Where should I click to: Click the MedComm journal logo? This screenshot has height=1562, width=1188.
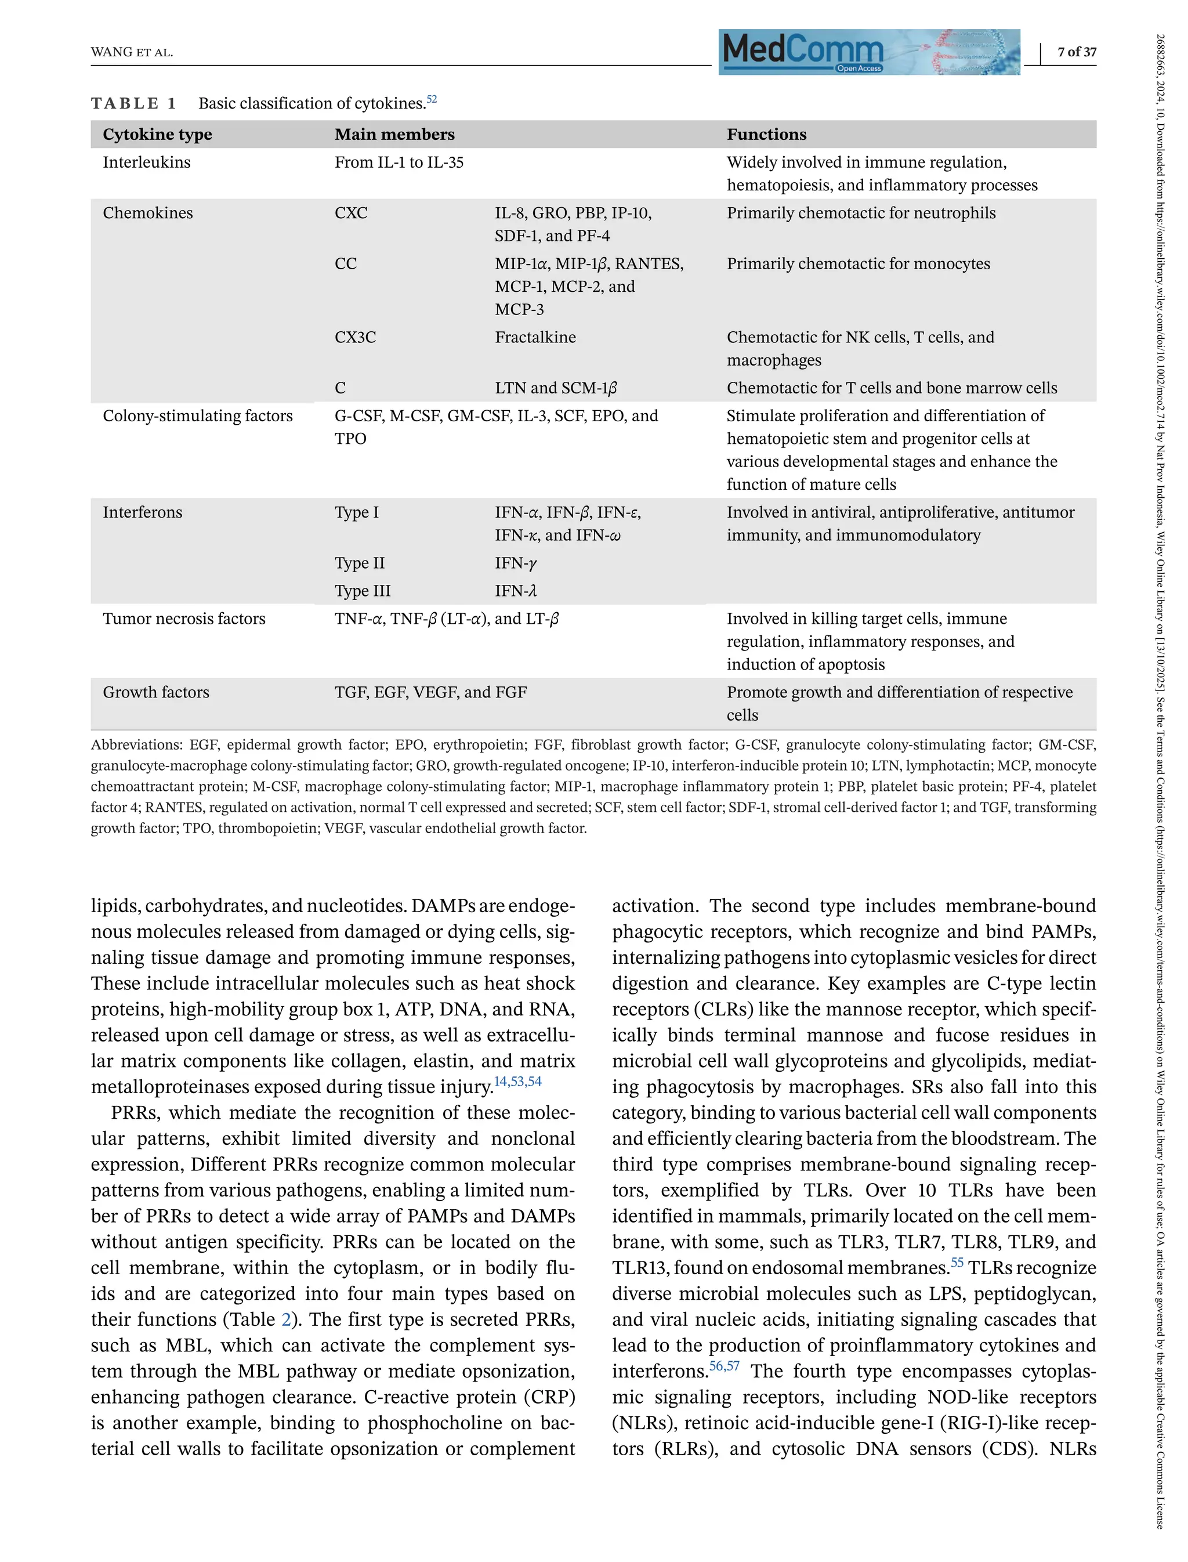click(868, 52)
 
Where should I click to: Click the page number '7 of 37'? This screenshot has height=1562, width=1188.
click(1076, 52)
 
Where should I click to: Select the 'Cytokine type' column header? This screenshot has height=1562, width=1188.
click(157, 135)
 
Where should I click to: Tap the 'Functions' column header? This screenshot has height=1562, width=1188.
click(766, 135)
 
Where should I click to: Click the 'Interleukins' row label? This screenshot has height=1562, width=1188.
click(146, 162)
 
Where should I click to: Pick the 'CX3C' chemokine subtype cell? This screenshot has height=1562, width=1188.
click(355, 338)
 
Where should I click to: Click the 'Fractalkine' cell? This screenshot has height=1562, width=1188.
click(535, 338)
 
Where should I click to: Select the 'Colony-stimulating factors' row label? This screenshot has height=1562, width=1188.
click(197, 416)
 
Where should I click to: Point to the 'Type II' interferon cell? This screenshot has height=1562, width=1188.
click(359, 563)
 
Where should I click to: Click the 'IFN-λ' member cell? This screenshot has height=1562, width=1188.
click(516, 591)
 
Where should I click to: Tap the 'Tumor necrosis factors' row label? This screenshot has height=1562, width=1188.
click(184, 619)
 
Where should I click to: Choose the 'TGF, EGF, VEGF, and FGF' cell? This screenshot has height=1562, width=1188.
click(430, 693)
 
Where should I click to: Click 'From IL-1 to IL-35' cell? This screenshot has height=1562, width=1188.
click(399, 162)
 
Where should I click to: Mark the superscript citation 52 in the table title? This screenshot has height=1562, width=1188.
click(432, 100)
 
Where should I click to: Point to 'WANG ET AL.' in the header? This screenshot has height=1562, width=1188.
click(132, 52)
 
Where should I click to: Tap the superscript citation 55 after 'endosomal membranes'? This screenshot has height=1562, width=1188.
click(957, 1262)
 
